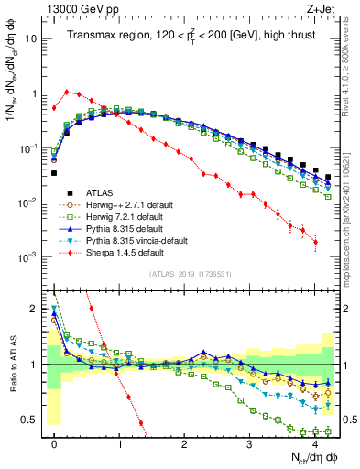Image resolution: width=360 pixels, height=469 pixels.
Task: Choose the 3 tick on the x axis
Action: click(x=249, y=442)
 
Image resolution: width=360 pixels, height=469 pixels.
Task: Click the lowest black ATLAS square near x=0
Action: click(x=54, y=172)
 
